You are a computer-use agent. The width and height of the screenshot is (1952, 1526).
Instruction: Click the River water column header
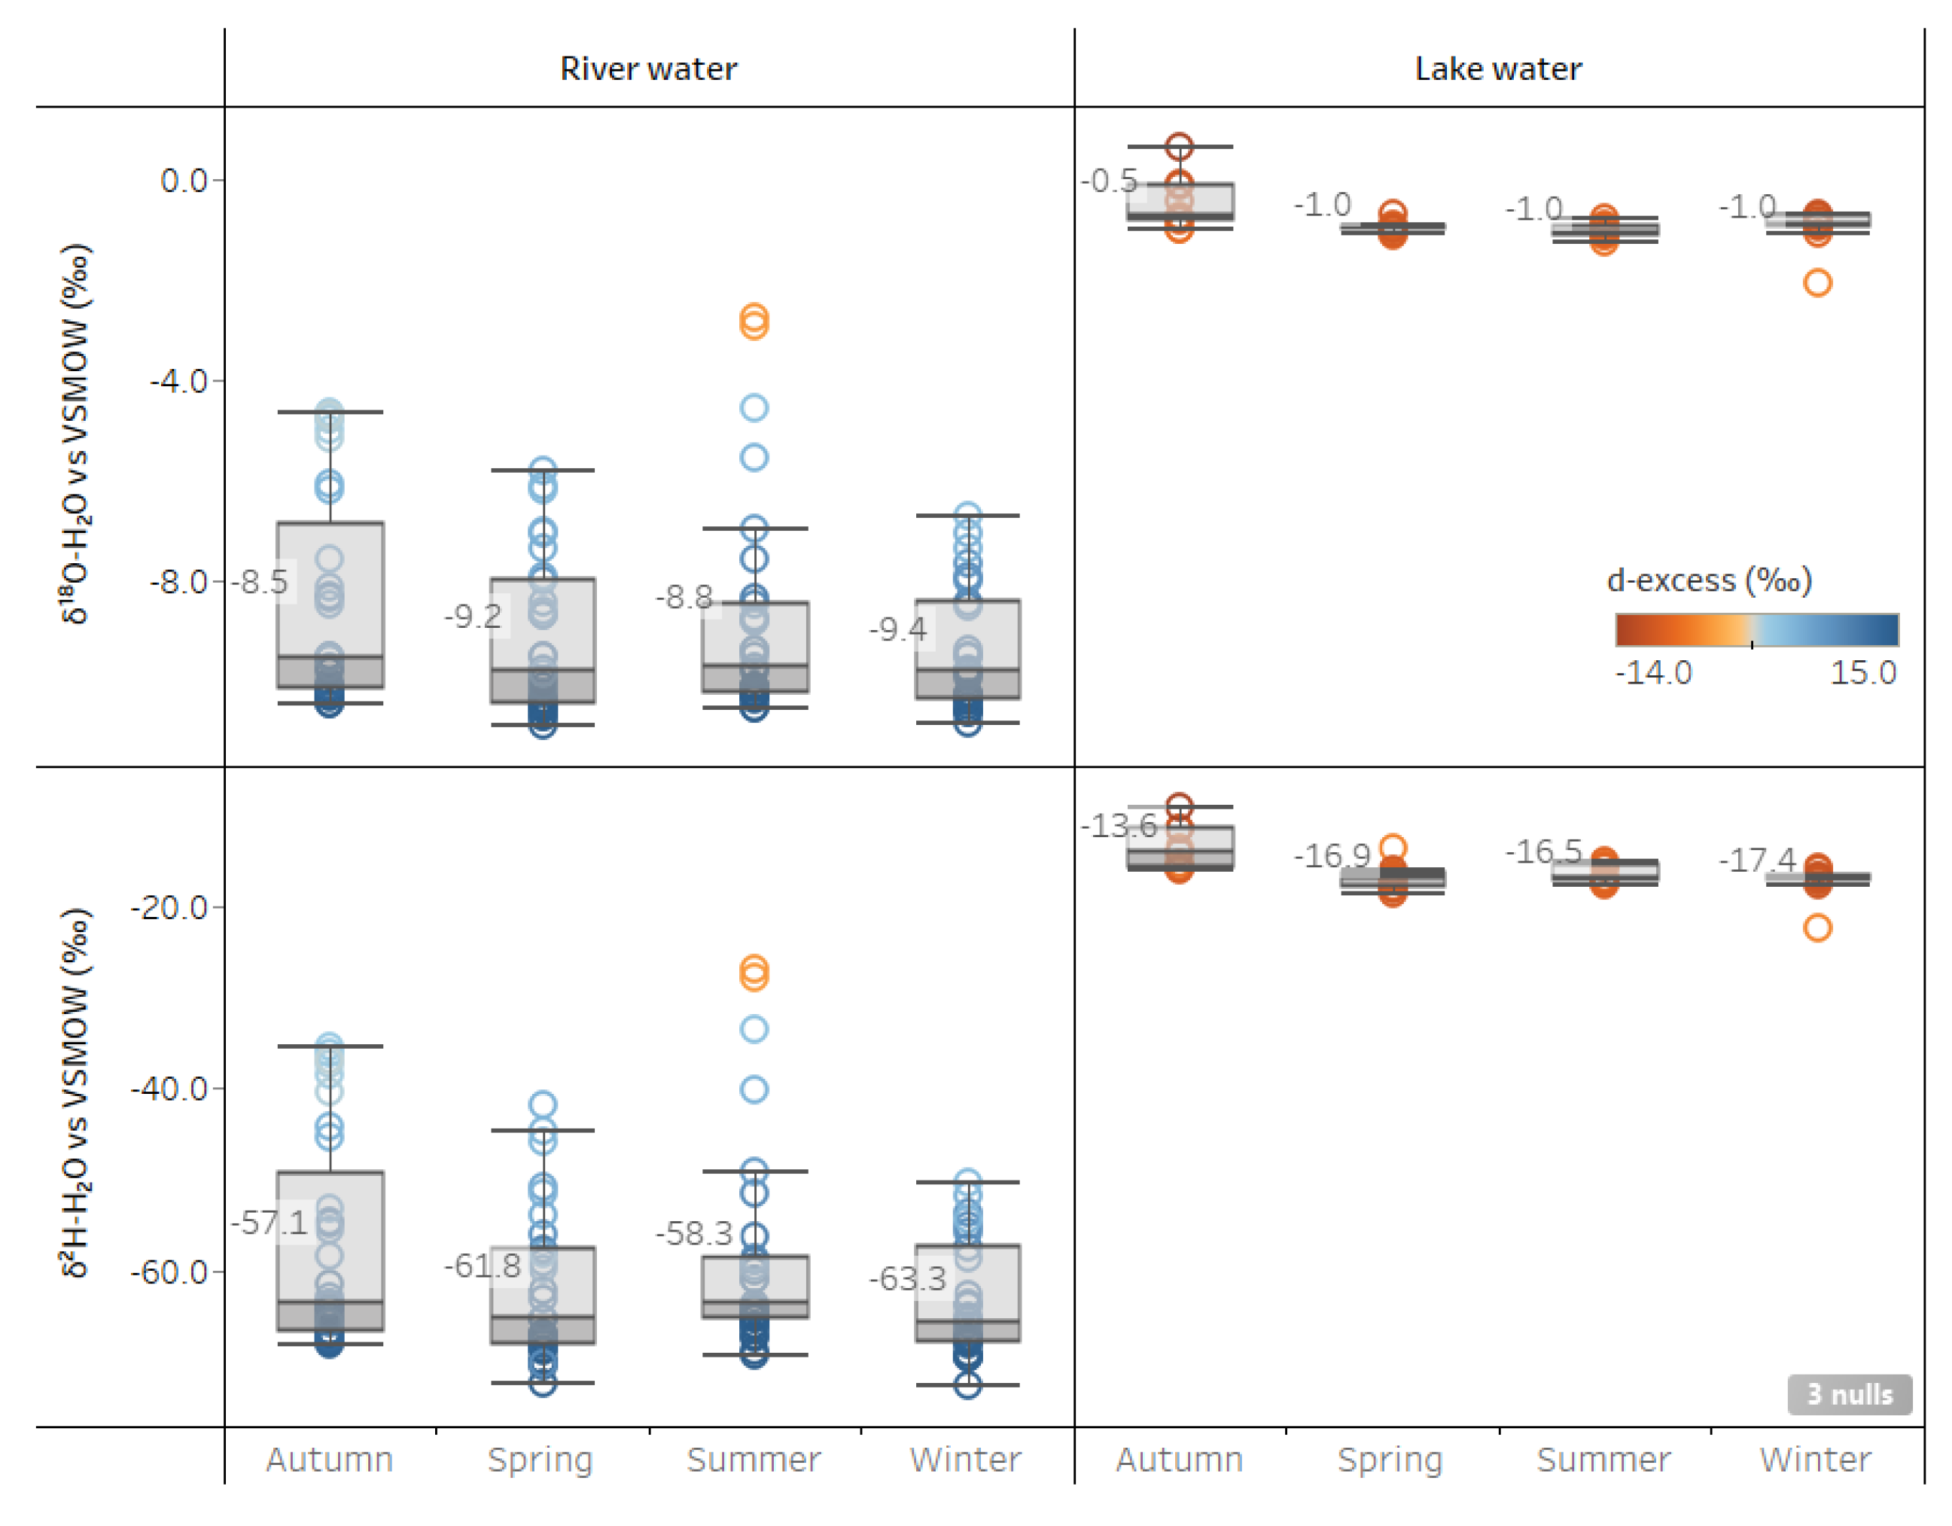pyautogui.click(x=648, y=69)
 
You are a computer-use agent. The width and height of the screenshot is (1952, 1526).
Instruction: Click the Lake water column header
pyautogui.click(x=1498, y=69)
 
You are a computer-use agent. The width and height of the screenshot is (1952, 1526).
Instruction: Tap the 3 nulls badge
pyautogui.click(x=1849, y=1394)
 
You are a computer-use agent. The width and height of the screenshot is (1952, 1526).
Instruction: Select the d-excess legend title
pyautogui.click(x=1709, y=580)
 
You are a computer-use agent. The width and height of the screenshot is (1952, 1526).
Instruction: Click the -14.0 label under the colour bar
pyautogui.click(x=1653, y=672)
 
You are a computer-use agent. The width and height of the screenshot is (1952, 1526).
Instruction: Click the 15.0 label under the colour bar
pyautogui.click(x=1862, y=672)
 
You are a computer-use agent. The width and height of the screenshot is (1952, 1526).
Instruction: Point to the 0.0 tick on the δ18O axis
pyautogui.click(x=184, y=181)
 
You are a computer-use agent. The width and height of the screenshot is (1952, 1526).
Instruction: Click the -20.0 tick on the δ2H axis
pyautogui.click(x=170, y=907)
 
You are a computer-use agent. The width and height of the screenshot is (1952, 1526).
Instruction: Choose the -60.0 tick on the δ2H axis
pyautogui.click(x=170, y=1272)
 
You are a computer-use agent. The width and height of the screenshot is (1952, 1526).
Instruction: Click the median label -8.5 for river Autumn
pyautogui.click(x=261, y=582)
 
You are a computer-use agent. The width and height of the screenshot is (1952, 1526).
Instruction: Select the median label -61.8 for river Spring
pyautogui.click(x=483, y=1266)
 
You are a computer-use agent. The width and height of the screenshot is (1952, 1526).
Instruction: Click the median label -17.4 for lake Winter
pyautogui.click(x=1757, y=860)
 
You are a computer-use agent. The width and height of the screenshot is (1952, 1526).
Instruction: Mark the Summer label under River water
pyautogui.click(x=754, y=1460)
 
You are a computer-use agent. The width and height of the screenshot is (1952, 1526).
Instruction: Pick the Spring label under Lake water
pyautogui.click(x=1390, y=1460)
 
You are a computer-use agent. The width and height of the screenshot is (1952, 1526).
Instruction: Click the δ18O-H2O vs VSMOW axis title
pyautogui.click(x=76, y=434)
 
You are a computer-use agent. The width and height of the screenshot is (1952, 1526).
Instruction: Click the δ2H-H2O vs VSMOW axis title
pyautogui.click(x=76, y=1093)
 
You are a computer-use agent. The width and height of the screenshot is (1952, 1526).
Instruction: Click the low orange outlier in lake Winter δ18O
pyautogui.click(x=1817, y=283)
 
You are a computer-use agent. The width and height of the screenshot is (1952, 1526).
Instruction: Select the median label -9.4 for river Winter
pyautogui.click(x=898, y=629)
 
